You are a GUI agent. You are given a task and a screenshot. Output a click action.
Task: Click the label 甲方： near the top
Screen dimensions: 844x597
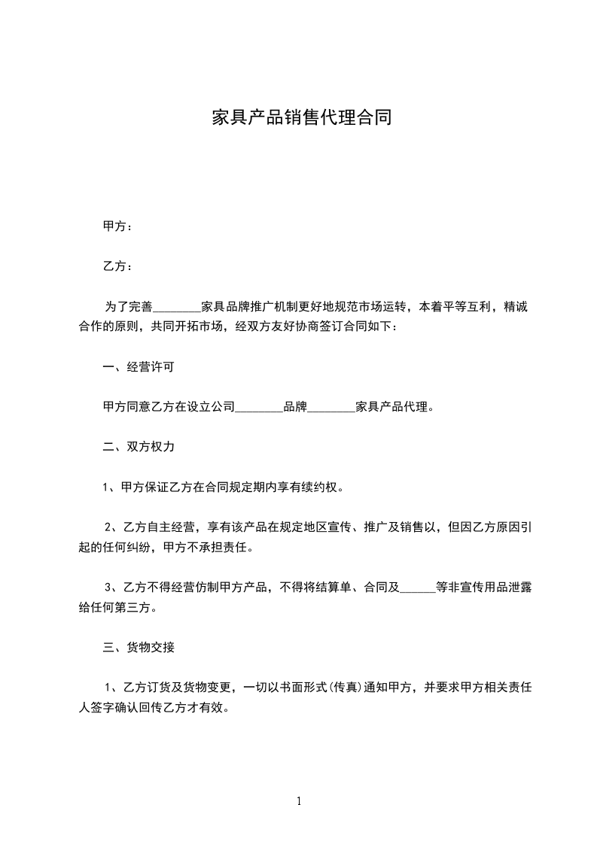(117, 226)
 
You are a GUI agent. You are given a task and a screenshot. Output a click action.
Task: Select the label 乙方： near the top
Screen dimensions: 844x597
(117, 266)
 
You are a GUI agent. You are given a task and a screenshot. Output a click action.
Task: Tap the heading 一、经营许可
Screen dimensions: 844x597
(139, 367)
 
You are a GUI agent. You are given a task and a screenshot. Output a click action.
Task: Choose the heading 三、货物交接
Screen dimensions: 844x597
(139, 647)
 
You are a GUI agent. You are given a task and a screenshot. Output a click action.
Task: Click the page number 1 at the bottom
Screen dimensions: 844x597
(299, 801)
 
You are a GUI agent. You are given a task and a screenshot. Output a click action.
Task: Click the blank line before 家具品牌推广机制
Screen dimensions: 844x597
(178, 308)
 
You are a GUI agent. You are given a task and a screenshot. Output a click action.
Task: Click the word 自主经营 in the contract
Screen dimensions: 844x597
(171, 527)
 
